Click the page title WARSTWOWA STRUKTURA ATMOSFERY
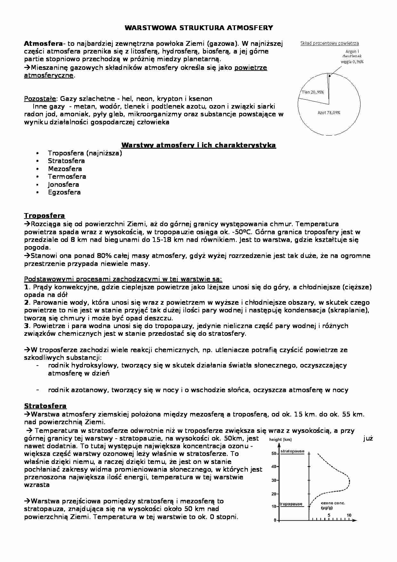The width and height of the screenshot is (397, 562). pyautogui.click(x=199, y=28)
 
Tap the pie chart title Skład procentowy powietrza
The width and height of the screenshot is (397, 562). pyautogui.click(x=329, y=43)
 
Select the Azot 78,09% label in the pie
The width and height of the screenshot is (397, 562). pyautogui.click(x=329, y=112)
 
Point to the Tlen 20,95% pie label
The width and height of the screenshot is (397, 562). pyautogui.click(x=312, y=92)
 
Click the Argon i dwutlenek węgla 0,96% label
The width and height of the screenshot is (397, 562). pyautogui.click(x=352, y=56)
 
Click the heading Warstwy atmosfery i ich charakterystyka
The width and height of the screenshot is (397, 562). pyautogui.click(x=199, y=145)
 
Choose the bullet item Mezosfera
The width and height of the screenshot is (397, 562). pyautogui.click(x=65, y=169)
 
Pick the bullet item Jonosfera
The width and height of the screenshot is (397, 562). pyautogui.click(x=63, y=185)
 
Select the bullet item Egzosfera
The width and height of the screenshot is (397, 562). pyautogui.click(x=64, y=192)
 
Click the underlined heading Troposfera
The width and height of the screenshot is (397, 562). pyautogui.click(x=45, y=216)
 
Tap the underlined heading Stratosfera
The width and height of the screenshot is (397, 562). pyautogui.click(x=45, y=406)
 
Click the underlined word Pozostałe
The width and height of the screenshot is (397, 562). pyautogui.click(x=40, y=99)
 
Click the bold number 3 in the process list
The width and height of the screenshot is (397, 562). pyautogui.click(x=26, y=326)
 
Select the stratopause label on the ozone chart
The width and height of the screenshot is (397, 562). pyautogui.click(x=292, y=451)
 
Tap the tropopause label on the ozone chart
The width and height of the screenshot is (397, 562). pyautogui.click(x=291, y=504)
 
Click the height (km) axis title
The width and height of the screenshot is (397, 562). pyautogui.click(x=280, y=439)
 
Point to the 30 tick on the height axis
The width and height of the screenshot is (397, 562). pyautogui.click(x=274, y=480)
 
